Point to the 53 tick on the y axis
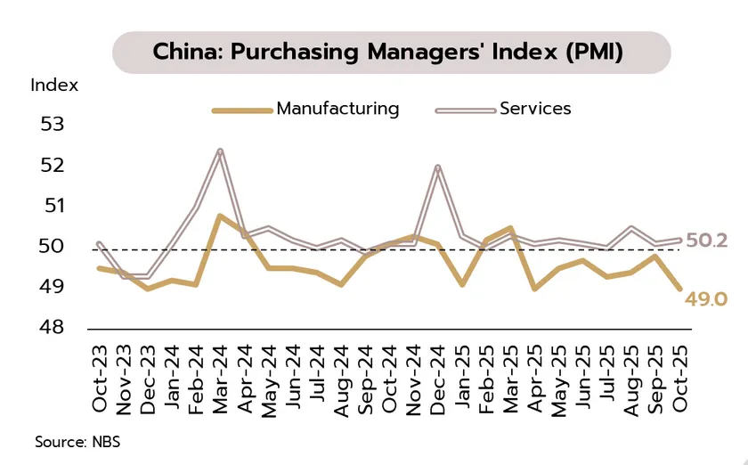[x=53, y=124]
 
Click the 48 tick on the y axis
[x=53, y=328]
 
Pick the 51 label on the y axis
[x=53, y=206]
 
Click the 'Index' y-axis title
[x=54, y=86]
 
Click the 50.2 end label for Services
[x=706, y=241]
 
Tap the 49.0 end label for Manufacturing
[x=706, y=299]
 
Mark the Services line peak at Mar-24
[x=219, y=151]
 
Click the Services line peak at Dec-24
[x=437, y=167]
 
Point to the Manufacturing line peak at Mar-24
[x=219, y=216]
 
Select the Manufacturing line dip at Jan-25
[x=462, y=285]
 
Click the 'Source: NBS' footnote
[x=77, y=442]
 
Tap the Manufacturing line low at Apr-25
[x=534, y=289]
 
